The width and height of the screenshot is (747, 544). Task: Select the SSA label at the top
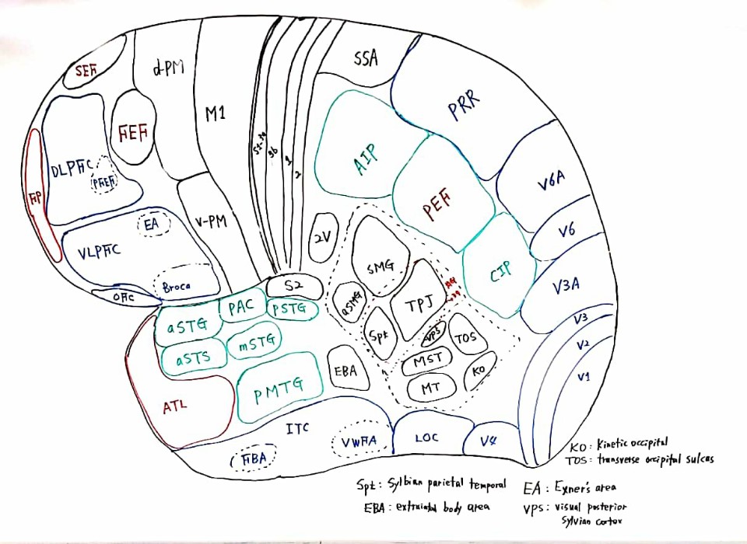pos(366,59)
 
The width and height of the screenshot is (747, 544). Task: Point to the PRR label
pos(465,106)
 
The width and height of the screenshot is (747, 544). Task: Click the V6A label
pos(551,184)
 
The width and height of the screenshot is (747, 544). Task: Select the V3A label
pos(566,285)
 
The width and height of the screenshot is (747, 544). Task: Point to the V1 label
pos(584,376)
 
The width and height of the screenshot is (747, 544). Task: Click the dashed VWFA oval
pos(359,442)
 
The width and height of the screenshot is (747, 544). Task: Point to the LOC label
pos(426,438)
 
